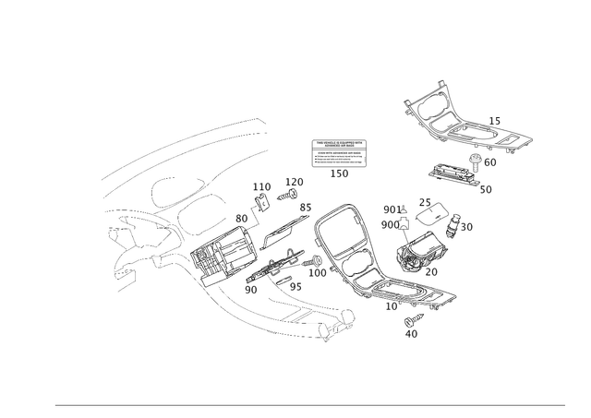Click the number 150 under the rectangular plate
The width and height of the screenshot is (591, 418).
339,173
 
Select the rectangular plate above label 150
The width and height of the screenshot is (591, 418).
339,153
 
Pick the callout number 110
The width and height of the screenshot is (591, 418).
294,179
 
